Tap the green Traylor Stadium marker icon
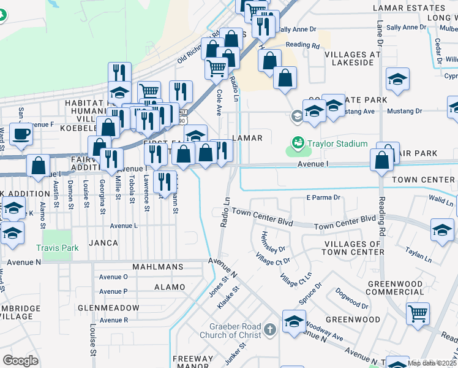pos(298,144)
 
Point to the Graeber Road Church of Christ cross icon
pos(268,330)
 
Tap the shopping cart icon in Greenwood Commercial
pos(418,313)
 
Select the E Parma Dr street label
pos(323,197)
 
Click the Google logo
pos(20,361)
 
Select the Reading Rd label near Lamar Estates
pos(302,45)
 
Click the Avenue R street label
pos(113,320)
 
